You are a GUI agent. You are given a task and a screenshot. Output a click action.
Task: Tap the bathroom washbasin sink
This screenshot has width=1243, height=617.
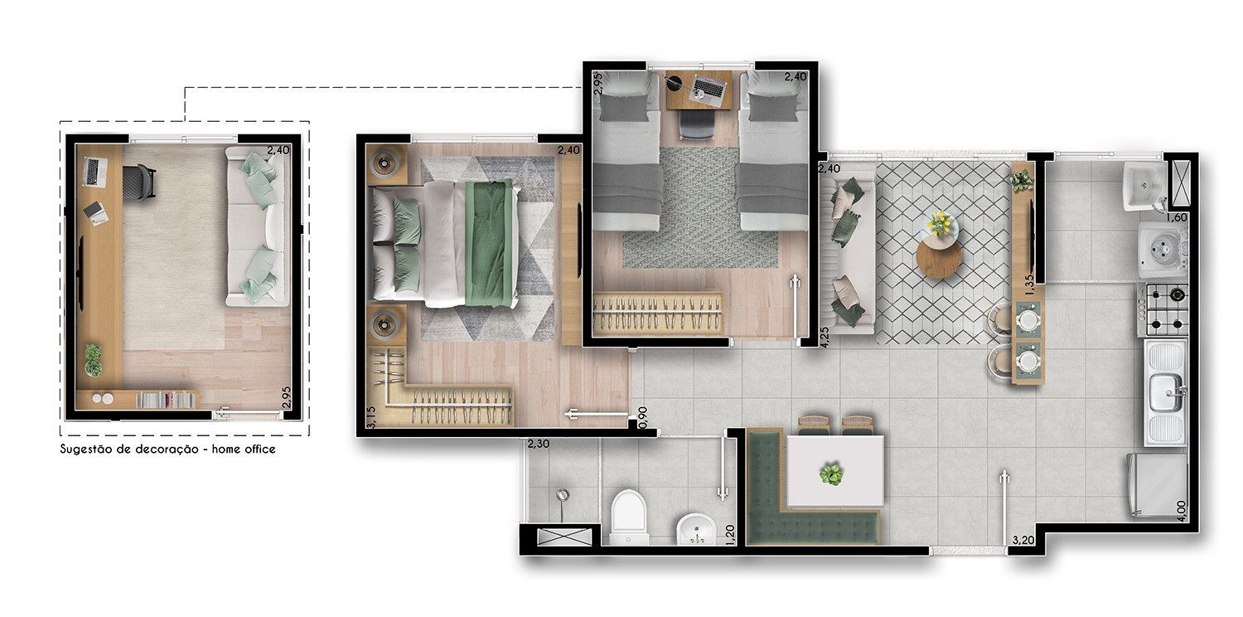(696, 529)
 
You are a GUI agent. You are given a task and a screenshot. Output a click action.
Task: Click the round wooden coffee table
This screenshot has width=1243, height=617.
(938, 258)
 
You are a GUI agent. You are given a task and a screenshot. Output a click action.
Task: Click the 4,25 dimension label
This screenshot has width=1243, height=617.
(824, 337)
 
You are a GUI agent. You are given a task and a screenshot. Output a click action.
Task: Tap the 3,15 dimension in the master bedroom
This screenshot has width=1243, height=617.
(371, 416)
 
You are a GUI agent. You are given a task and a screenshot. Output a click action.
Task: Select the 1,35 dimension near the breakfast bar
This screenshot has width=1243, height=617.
(1029, 285)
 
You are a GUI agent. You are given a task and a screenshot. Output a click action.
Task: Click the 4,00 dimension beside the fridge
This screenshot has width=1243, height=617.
(1182, 511)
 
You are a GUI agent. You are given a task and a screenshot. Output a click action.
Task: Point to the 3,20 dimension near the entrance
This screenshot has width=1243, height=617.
(1023, 540)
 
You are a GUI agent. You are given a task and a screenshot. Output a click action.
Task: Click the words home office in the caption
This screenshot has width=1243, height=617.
(244, 449)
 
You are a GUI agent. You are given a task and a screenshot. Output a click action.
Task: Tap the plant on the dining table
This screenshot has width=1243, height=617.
(830, 474)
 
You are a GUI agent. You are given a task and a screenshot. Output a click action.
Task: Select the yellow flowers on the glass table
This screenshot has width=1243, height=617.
(940, 223)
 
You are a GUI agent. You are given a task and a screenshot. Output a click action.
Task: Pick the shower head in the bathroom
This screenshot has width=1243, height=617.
(563, 495)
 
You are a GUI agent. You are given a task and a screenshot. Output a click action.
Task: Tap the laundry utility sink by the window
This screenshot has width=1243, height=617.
(1144, 186)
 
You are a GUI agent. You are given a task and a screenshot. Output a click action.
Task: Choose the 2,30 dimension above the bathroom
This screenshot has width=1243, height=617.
(539, 444)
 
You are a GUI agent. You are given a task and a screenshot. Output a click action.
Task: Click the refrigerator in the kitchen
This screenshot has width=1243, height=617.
(1157, 485)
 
